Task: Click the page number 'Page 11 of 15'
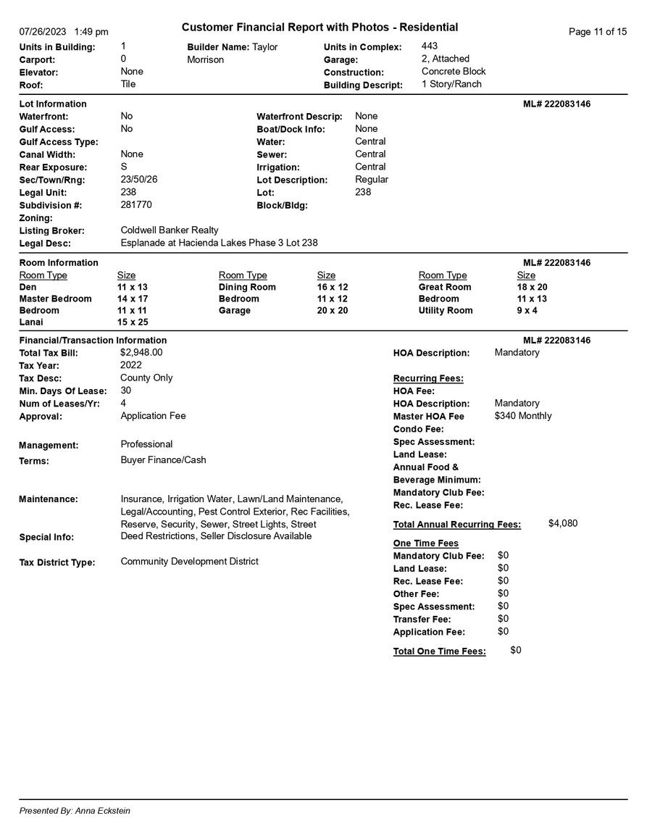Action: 597,32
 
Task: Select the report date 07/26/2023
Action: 43,32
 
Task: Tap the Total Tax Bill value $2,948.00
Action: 141,352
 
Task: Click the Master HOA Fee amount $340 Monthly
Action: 522,416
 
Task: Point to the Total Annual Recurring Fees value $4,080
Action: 563,523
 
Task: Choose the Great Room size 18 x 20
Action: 532,287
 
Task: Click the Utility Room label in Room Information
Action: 445,310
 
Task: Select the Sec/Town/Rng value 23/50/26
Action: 138,179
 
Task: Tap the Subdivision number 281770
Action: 136,205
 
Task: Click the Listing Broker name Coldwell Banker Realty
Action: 170,230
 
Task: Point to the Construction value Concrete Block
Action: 454,72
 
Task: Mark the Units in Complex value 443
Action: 429,46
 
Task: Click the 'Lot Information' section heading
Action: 53,104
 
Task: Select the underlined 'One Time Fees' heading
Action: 425,544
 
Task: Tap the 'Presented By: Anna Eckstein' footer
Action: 75,811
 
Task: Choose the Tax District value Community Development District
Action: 189,562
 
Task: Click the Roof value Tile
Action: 128,84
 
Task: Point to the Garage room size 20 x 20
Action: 333,310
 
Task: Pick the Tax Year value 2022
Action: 131,365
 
